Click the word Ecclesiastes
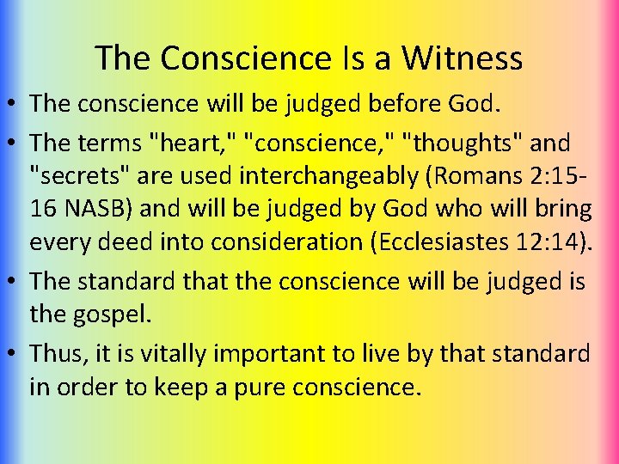(443, 243)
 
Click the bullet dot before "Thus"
(14, 353)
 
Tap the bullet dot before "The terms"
(14, 140)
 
